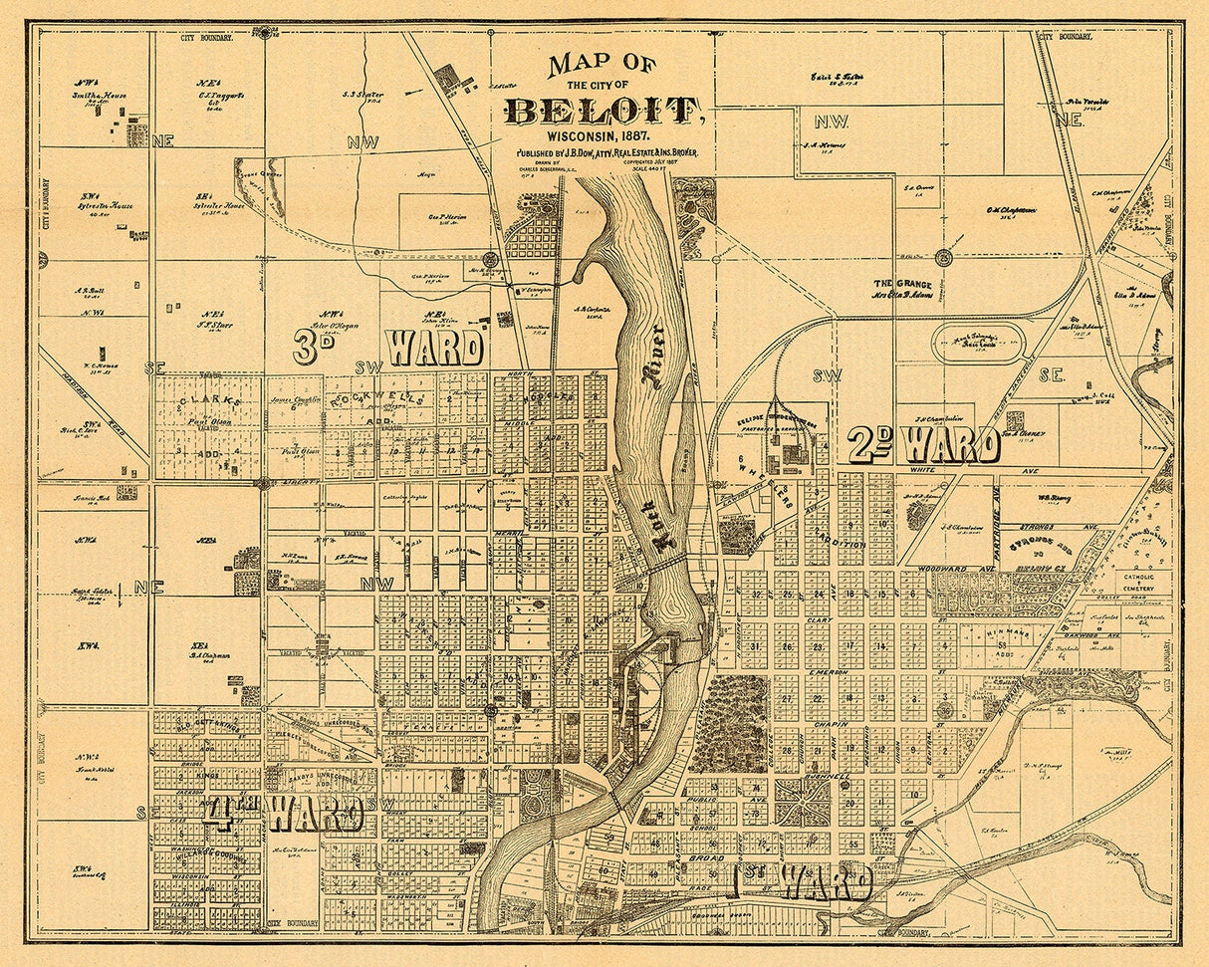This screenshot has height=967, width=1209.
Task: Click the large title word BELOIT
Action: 602,110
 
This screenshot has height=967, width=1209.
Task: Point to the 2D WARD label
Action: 923,445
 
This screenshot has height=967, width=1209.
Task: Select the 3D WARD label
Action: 388,348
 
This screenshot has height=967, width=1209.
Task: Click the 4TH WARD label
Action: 284,814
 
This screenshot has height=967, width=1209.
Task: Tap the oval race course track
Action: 979,343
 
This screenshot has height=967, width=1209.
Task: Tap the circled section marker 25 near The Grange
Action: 943,258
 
